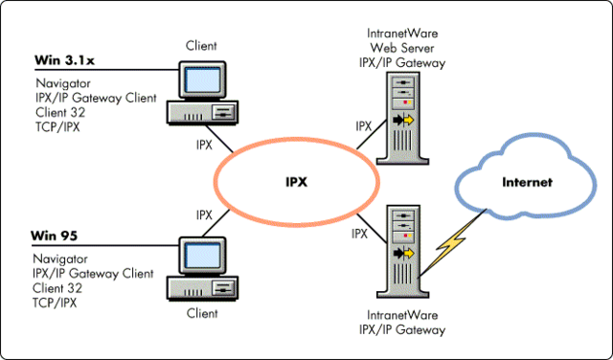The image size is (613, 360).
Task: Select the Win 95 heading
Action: (x=54, y=236)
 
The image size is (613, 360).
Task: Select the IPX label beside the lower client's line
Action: (x=205, y=214)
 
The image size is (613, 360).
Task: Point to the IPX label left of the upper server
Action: (x=364, y=125)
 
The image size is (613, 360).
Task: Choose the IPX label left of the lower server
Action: (x=359, y=233)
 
